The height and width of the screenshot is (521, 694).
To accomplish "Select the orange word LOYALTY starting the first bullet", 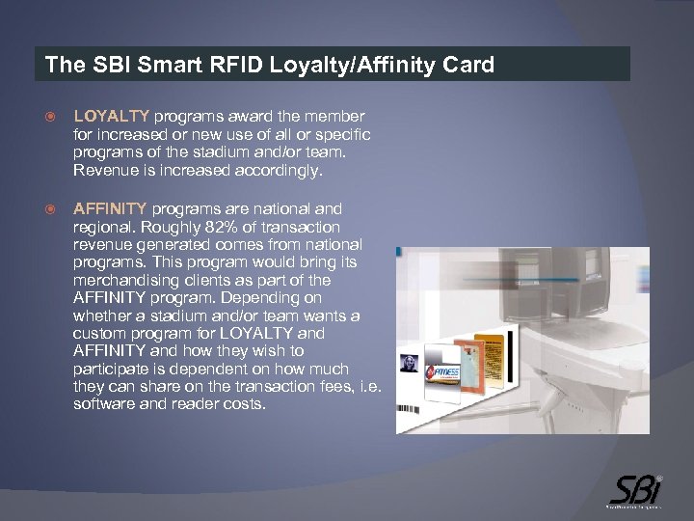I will click(111, 116).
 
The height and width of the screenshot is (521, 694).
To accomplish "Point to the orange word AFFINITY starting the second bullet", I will click(110, 208).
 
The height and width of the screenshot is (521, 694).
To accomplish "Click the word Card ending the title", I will click(468, 66).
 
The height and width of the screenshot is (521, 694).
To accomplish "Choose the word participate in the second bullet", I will click(114, 369).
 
